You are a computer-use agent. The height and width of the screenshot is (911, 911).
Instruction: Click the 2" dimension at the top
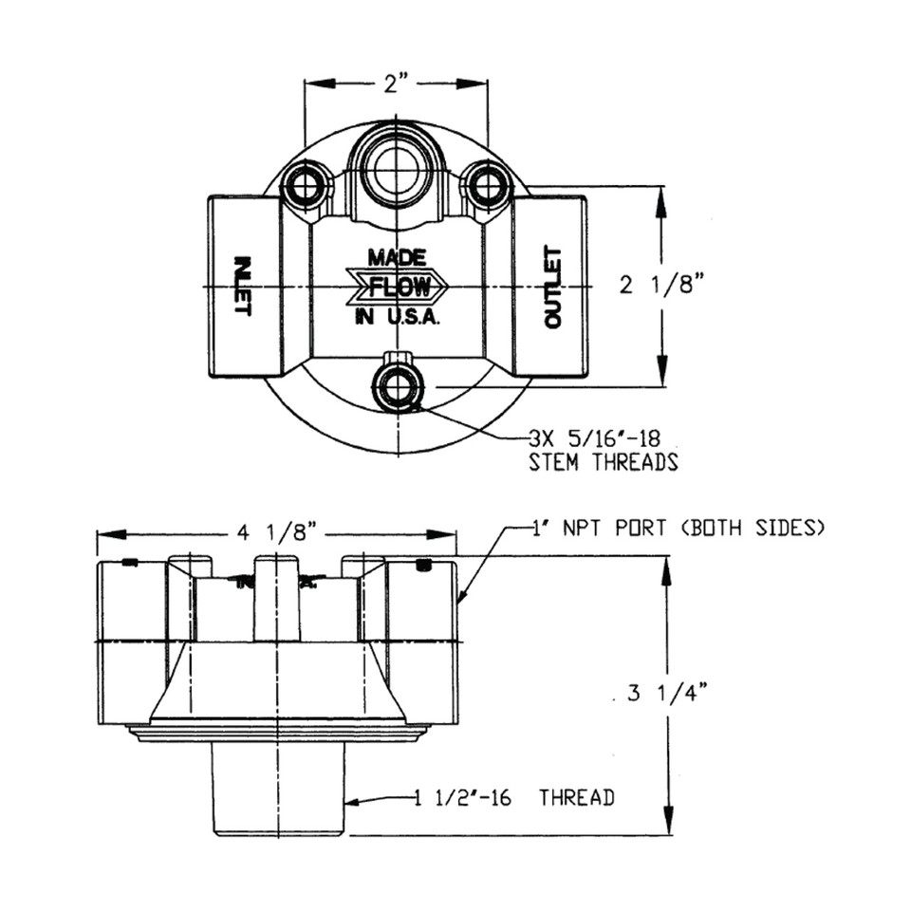pyautogui.click(x=396, y=84)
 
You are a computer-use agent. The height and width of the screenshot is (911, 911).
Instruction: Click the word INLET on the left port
pyautogui.click(x=240, y=286)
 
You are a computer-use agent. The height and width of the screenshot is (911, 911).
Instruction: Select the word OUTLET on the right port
pyautogui.click(x=552, y=288)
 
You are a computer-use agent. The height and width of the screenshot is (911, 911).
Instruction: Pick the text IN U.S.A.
pyautogui.click(x=398, y=319)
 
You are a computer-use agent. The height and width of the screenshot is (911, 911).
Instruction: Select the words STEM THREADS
pyautogui.click(x=603, y=462)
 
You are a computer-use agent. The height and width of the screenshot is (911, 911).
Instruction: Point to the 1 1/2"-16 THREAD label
pyautogui.click(x=513, y=797)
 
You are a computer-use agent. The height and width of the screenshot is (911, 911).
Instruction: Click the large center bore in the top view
pyautogui.click(x=396, y=171)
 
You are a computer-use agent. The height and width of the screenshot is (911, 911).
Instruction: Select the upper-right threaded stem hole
pyautogui.click(x=486, y=183)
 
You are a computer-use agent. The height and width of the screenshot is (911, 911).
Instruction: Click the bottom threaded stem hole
pyautogui.click(x=397, y=387)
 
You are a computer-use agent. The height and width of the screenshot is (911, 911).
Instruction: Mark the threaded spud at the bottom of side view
pyautogui.click(x=277, y=788)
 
